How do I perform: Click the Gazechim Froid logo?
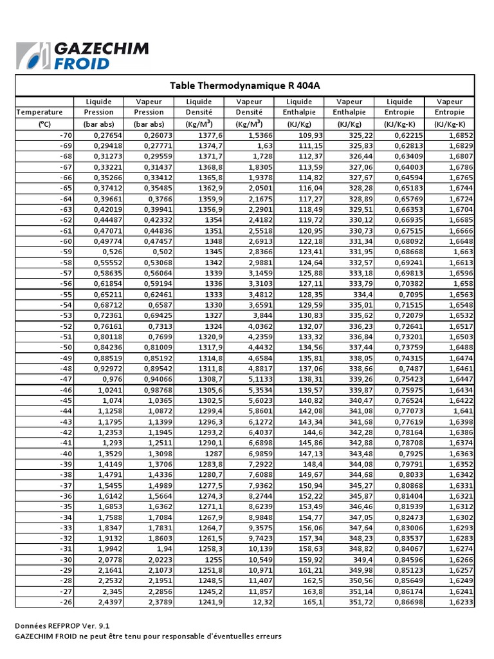(x=82, y=55)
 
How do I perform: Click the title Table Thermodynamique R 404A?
(x=244, y=85)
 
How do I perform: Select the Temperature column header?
(x=40, y=112)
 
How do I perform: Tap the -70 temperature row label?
(x=66, y=135)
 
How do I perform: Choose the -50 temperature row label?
(x=66, y=348)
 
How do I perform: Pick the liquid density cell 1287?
(x=213, y=454)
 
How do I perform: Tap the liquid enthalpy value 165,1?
(x=313, y=602)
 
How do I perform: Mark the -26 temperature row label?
(x=66, y=602)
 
